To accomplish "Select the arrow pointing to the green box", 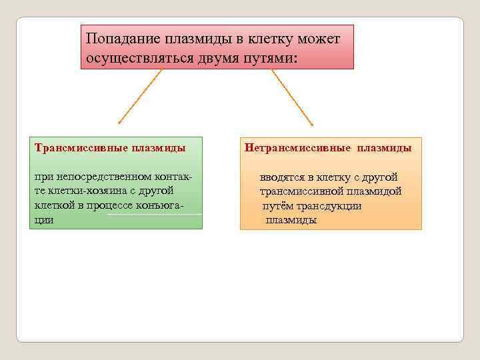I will click(140, 97).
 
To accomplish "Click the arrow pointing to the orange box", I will click(293, 97).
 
